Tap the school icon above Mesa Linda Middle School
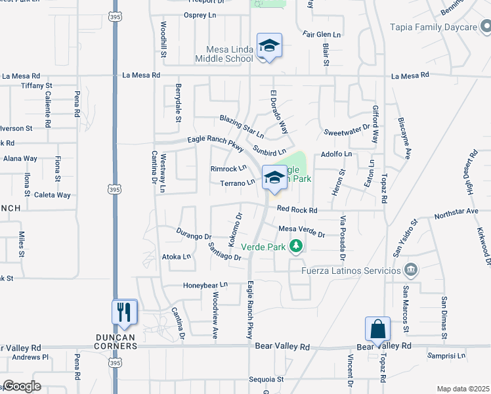tap(269, 45)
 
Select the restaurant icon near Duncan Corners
tap(125, 311)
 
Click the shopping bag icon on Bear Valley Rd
tap(377, 328)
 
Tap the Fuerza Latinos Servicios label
tap(351, 271)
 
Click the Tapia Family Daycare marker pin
tap(484, 27)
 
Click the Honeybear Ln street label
tap(205, 285)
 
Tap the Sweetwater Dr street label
tap(347, 132)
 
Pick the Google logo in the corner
tap(22, 386)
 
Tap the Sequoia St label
tap(266, 380)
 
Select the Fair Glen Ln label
tap(322, 34)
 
